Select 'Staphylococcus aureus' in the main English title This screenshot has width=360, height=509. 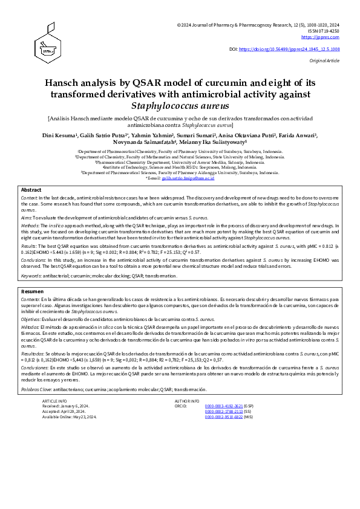tap(180, 105)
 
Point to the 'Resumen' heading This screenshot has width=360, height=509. tap(32, 291)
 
